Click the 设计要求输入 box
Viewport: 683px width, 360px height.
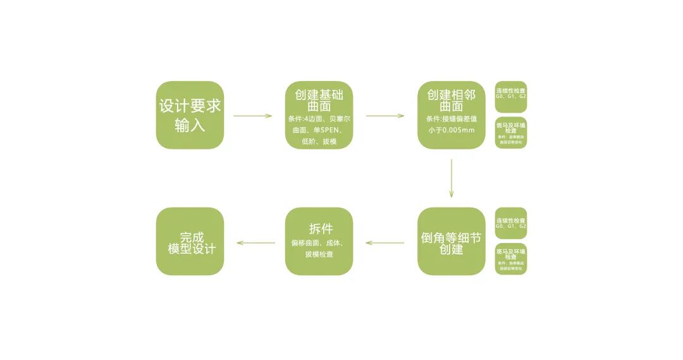(x=190, y=115)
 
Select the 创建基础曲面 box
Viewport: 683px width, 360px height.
(x=319, y=115)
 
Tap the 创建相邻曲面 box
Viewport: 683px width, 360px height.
(x=451, y=115)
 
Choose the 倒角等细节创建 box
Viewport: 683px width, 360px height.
(x=451, y=241)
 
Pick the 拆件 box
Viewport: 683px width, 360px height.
(x=319, y=241)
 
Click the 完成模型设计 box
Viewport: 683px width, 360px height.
(x=190, y=241)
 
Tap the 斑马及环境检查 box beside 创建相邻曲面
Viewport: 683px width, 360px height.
(x=511, y=132)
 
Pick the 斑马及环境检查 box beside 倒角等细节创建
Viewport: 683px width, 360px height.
(x=511, y=259)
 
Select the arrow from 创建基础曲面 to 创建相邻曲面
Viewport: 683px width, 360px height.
(x=385, y=116)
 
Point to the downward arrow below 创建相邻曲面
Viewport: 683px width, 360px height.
(x=451, y=178)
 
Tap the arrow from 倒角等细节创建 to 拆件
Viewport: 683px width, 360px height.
(x=385, y=243)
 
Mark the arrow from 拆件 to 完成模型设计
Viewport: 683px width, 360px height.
(x=255, y=243)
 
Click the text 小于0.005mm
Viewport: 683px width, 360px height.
(x=451, y=130)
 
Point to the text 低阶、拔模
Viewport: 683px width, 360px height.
(x=319, y=142)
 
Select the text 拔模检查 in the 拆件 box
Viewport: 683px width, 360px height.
(x=319, y=254)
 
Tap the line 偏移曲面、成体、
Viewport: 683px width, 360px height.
(x=319, y=242)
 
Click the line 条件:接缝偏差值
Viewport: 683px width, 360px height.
(x=451, y=118)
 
